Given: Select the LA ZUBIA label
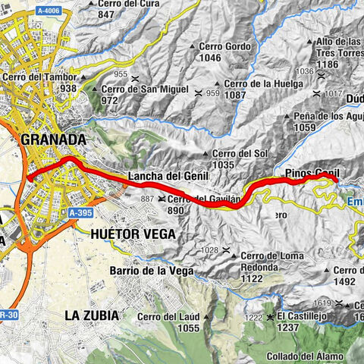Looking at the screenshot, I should coord(95,314).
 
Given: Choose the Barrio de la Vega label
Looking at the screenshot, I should coord(149,271).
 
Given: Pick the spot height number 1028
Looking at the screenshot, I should coord(210,249).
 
